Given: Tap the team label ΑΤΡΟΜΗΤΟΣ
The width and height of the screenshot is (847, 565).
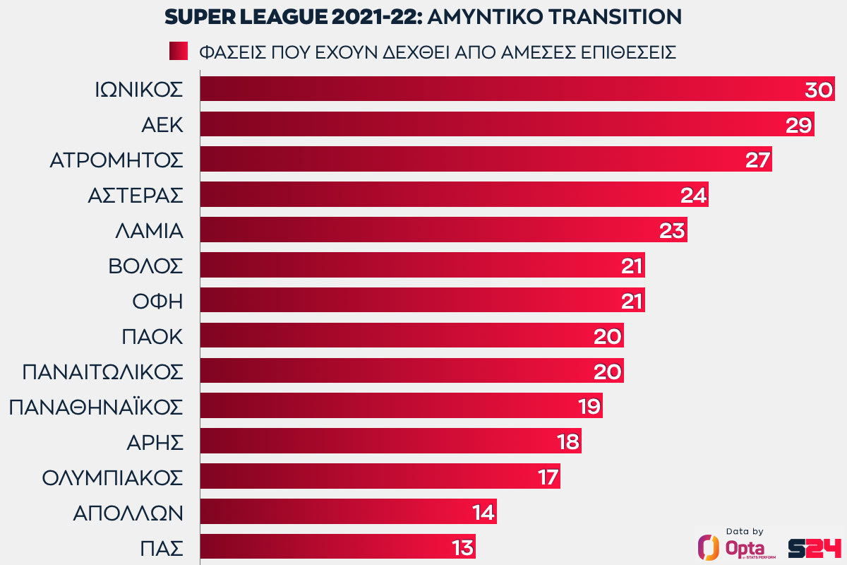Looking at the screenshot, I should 116,160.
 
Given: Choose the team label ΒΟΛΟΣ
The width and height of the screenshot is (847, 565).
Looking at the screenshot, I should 145,266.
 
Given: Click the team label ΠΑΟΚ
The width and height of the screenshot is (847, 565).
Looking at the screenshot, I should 152,336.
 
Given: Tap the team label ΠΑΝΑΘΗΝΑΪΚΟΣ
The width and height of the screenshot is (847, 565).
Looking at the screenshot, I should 96,407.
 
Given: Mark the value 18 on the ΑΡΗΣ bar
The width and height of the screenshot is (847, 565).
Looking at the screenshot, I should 566,442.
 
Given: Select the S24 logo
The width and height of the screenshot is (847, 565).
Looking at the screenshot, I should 815,547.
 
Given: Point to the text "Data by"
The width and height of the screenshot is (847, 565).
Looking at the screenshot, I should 744,532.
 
